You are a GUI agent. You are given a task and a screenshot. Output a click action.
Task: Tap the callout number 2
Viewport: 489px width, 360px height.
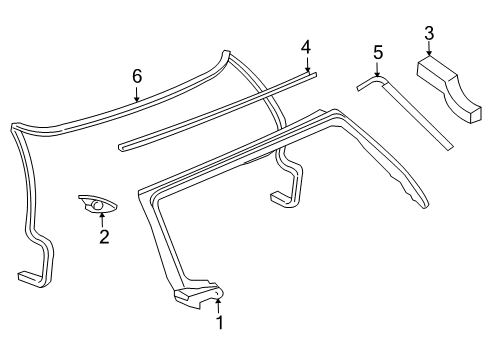tap(102, 237)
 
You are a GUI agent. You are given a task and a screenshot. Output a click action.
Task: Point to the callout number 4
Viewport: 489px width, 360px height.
tap(306, 46)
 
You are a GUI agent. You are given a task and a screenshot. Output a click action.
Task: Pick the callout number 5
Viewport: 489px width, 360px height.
tap(378, 51)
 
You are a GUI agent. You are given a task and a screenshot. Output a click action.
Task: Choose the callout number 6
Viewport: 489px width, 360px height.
tap(137, 74)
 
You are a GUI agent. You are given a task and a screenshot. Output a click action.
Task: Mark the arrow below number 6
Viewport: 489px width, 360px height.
tap(137, 96)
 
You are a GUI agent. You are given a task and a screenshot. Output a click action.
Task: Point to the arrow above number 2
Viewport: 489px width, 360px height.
tap(102, 219)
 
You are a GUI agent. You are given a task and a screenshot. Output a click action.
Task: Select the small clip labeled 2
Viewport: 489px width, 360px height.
tap(97, 204)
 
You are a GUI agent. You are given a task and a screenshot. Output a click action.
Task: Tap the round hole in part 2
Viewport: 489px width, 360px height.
tap(99, 206)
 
